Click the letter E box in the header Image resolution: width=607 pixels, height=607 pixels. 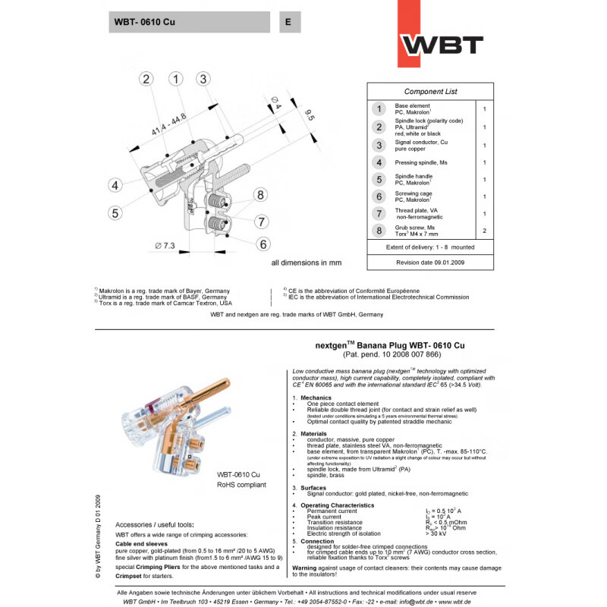coord(288,22)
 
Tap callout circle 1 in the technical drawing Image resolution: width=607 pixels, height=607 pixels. coord(176,79)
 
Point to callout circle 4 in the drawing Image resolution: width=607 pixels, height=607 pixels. coord(115,185)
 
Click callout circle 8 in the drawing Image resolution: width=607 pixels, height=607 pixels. coord(260,195)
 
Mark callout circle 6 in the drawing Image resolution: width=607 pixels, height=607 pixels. coord(263,244)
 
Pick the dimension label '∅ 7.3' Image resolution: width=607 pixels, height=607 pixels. coord(164,246)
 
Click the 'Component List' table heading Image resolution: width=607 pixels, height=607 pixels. coord(430,92)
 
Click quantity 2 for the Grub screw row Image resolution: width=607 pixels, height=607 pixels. coord(484,231)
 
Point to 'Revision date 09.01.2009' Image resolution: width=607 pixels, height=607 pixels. coord(429,262)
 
